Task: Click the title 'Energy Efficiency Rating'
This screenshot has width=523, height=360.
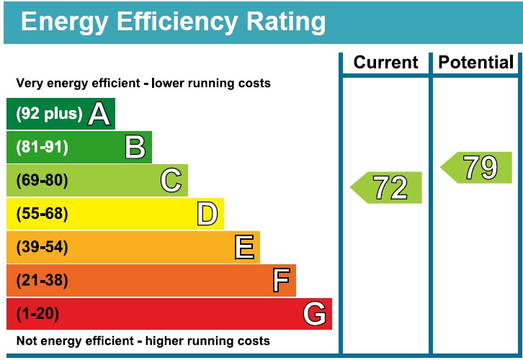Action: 173,22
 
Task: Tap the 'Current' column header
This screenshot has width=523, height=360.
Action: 385,63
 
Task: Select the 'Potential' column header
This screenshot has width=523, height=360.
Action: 476,63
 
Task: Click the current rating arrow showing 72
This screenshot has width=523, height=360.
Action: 388,188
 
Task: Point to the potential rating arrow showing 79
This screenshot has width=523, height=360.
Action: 477,168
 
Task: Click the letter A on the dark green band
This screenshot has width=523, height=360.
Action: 99,114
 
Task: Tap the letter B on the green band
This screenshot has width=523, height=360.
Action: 135,148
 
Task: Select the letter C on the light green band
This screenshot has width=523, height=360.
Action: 171,181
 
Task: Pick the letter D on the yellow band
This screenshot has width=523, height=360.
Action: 207,214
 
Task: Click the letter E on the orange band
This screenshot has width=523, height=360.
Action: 243,248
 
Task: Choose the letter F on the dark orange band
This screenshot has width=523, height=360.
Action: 280,281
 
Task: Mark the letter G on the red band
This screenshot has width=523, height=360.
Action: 315,314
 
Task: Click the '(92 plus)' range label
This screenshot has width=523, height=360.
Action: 49,114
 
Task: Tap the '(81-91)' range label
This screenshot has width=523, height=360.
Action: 42,148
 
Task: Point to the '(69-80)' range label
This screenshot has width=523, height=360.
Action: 42,181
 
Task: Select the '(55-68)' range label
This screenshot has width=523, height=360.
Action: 42,214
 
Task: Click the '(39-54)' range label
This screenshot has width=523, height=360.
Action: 42,248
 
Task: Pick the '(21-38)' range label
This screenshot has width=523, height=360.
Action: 42,281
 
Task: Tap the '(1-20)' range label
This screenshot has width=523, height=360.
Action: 37,314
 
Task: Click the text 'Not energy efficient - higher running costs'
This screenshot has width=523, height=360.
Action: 143,341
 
